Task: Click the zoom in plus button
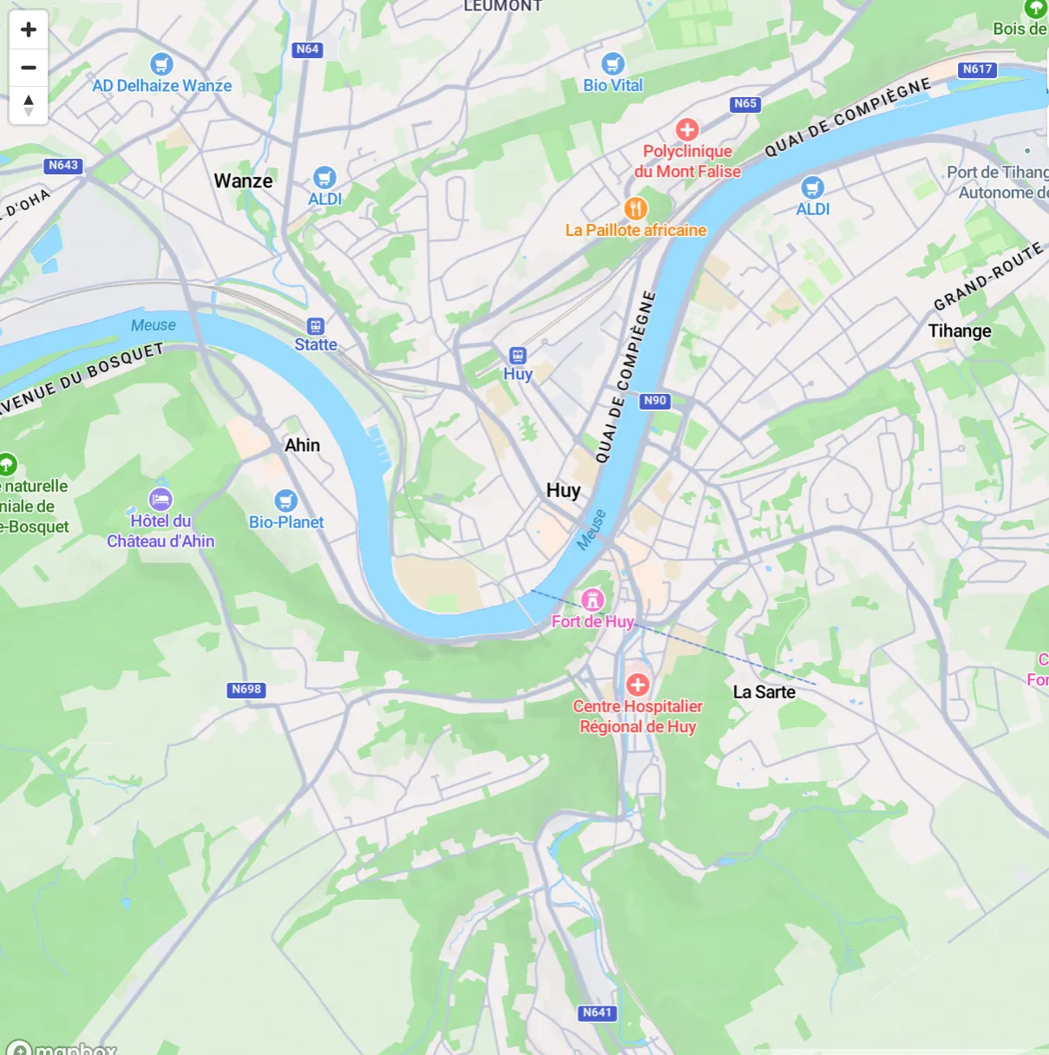[x=29, y=29]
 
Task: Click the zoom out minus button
[x=29, y=68]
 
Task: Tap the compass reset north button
[x=29, y=105]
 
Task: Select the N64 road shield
[x=307, y=49]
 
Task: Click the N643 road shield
[x=63, y=165]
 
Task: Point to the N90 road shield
[x=655, y=400]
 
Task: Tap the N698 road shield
[x=246, y=689]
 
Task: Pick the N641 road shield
[x=597, y=1012]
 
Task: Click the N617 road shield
[x=977, y=69]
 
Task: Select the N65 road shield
[x=745, y=103]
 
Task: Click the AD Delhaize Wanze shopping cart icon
[x=161, y=64]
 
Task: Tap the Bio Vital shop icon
[x=613, y=63]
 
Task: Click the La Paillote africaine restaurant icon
[x=636, y=208]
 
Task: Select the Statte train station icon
[x=316, y=326]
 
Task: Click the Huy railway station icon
[x=518, y=355]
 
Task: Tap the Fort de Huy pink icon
[x=593, y=600]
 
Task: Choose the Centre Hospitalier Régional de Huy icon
[x=638, y=685]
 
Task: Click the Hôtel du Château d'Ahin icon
[x=161, y=499]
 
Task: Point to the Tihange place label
[x=960, y=331]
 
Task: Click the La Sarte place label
[x=764, y=691]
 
